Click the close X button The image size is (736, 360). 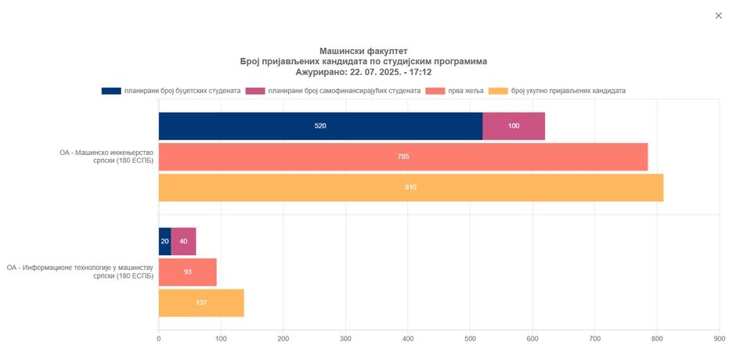tap(718, 16)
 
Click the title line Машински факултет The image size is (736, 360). tap(363, 51)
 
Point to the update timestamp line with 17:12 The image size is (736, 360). tap(363, 72)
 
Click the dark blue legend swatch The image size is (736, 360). tap(111, 91)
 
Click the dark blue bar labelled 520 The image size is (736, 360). tap(320, 126)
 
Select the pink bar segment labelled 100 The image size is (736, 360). tap(514, 126)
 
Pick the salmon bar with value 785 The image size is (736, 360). tap(403, 157)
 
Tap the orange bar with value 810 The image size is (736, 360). tap(411, 188)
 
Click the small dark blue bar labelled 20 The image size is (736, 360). tap(164, 241)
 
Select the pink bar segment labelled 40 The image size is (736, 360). tap(183, 241)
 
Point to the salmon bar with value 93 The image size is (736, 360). tap(188, 272)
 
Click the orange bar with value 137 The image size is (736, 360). tap(201, 303)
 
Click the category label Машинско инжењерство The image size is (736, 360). tap(106, 157)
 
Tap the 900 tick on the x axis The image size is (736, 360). tap(719, 339)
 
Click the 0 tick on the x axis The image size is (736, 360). tap(159, 339)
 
